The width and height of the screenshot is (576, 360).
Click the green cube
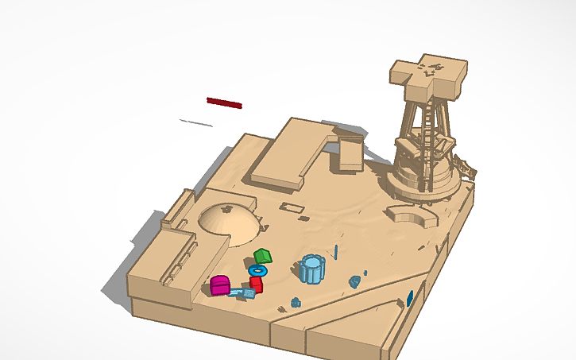click(x=263, y=256)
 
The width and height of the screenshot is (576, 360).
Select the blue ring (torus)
click(x=257, y=270)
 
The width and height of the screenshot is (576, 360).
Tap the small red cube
click(x=256, y=284)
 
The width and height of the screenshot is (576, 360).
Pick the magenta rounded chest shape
click(x=220, y=285)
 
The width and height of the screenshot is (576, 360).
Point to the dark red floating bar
click(x=224, y=103)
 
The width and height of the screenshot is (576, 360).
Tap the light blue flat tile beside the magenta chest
click(x=243, y=293)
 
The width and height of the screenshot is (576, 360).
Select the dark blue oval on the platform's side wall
click(x=410, y=299)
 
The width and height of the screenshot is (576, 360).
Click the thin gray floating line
click(x=195, y=122)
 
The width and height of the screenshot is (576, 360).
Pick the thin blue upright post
click(x=336, y=253)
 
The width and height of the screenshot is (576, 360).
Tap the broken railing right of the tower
click(x=463, y=167)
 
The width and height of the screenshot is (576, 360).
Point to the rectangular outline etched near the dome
click(x=292, y=208)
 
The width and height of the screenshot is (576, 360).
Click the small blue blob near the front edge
click(x=296, y=302)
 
